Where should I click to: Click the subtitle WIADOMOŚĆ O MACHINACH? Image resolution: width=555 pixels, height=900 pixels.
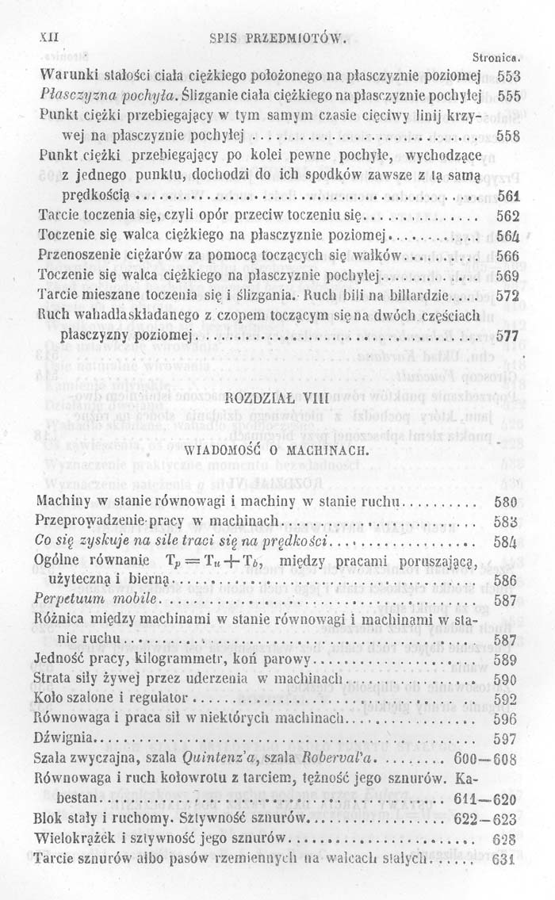(277, 450)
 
